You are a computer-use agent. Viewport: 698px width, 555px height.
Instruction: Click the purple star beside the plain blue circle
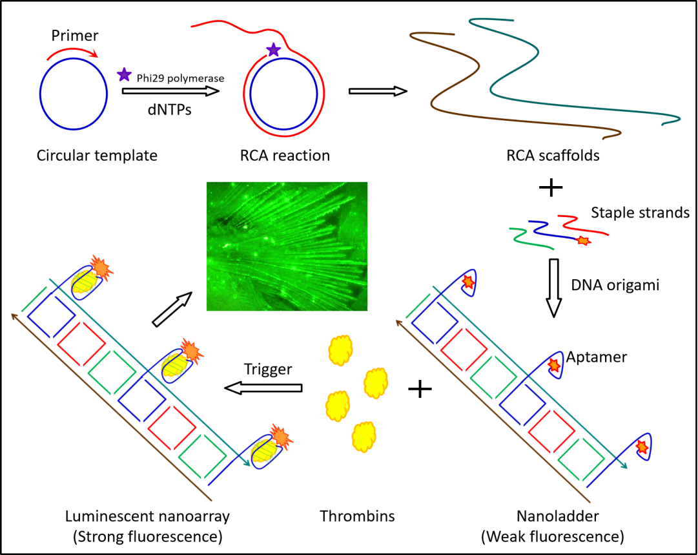pos(124,75)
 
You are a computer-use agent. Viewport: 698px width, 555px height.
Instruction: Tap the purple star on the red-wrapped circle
pos(274,50)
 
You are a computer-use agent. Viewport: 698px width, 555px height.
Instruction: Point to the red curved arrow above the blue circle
pos(72,52)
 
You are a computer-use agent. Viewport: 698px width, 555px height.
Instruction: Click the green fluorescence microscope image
pos(287,246)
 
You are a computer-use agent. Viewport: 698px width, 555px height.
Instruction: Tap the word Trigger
pos(268,370)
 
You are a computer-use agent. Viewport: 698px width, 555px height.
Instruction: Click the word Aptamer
pos(597,357)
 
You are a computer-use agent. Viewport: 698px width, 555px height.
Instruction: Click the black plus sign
pos(420,389)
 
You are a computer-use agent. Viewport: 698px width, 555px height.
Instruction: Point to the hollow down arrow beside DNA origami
pos(553,293)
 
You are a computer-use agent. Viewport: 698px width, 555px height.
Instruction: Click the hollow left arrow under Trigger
pos(260,388)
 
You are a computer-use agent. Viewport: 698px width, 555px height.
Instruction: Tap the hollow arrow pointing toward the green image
pos(172,309)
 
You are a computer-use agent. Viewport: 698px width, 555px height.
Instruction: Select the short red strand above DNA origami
pos(582,225)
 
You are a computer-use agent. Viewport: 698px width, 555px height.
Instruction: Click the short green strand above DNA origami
pos(531,238)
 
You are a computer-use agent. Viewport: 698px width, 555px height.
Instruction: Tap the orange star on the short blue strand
pos(583,241)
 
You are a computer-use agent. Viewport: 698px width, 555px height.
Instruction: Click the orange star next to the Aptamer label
pos(554,366)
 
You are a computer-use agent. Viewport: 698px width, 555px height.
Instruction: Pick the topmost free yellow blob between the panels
pos(340,350)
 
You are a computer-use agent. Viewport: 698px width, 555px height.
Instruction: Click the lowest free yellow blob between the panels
pos(364,437)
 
